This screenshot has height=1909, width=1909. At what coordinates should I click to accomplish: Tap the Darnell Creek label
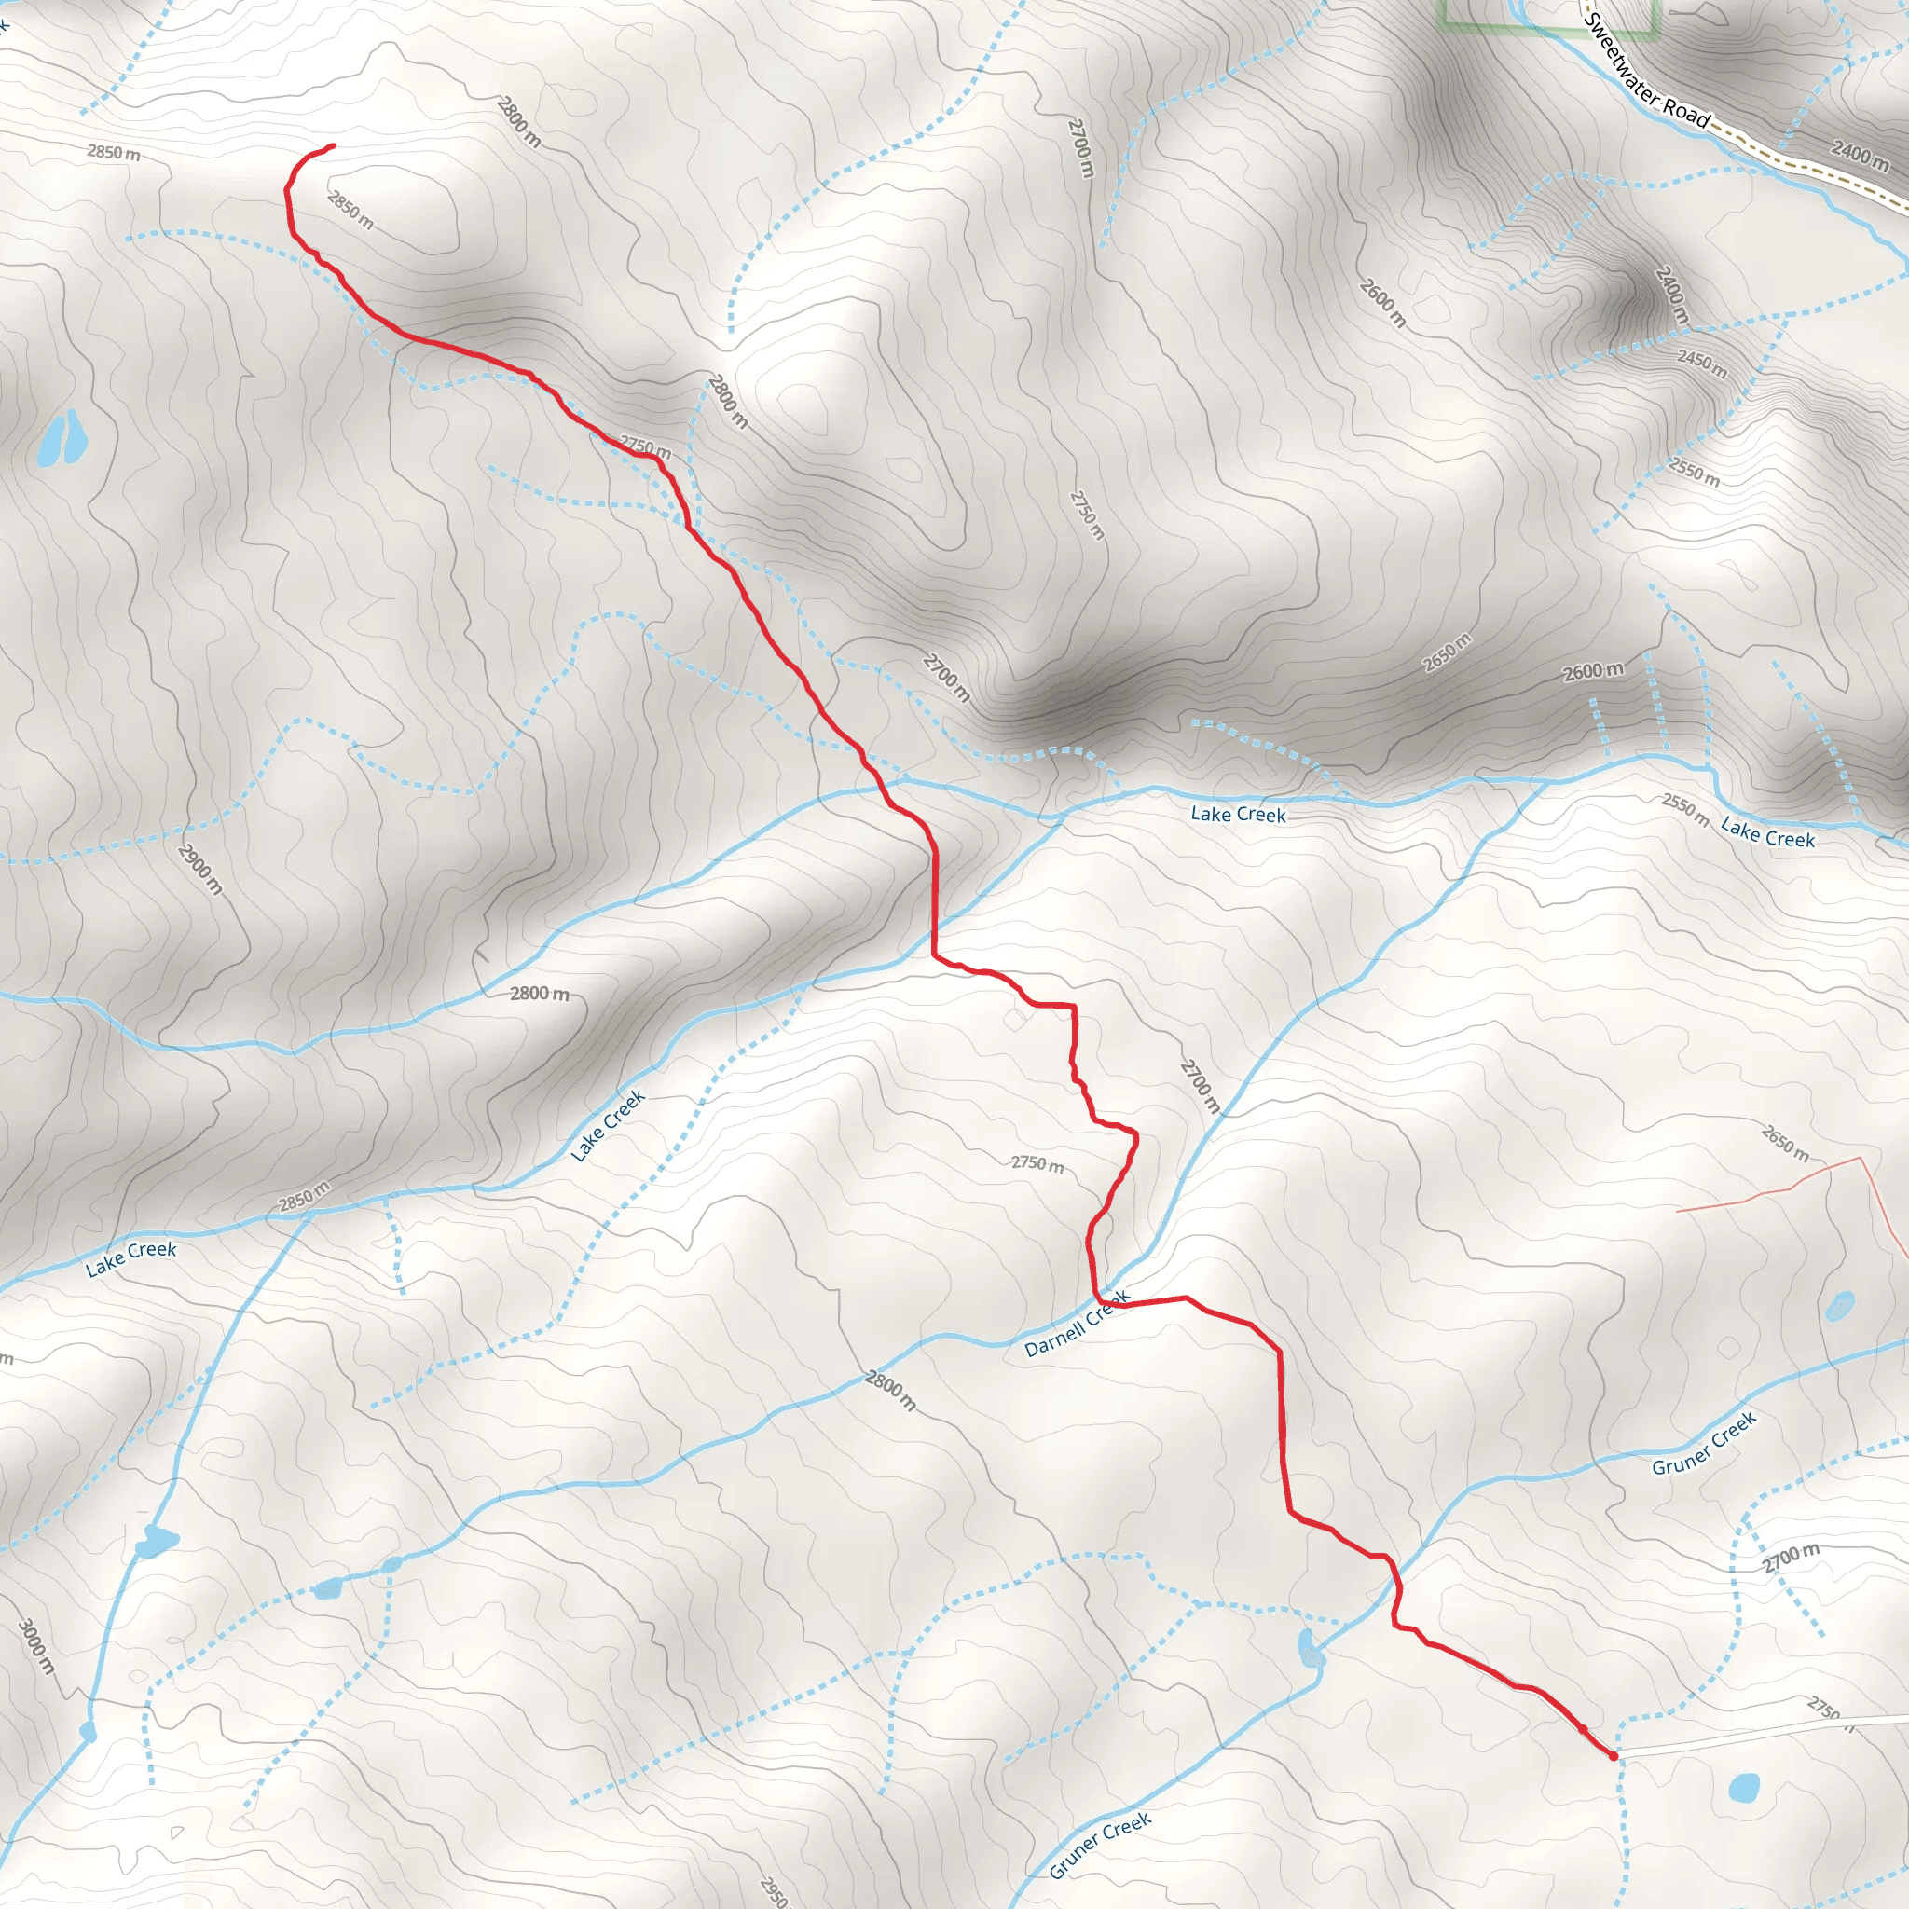point(1076,1324)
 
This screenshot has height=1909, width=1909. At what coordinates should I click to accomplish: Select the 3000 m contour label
point(35,1646)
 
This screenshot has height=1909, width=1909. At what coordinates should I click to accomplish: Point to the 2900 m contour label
point(200,869)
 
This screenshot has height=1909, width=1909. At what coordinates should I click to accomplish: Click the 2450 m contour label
point(1701,363)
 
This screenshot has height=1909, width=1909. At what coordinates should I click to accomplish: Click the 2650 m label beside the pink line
point(1784,1142)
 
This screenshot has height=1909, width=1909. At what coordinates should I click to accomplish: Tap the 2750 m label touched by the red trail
point(645,447)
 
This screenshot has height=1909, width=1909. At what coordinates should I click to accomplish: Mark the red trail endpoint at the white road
point(1613,1756)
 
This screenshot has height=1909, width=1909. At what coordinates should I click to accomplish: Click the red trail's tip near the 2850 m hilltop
point(332,146)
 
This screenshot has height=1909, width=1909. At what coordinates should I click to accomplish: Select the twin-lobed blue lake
point(59,439)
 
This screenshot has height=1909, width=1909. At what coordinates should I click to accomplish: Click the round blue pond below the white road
point(1744,1787)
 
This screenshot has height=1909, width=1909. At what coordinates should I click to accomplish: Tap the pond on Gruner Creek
point(1310,1649)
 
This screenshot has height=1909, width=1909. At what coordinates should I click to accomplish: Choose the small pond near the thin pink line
point(1840,1305)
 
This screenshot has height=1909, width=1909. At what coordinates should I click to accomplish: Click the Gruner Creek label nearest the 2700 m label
point(1705,1444)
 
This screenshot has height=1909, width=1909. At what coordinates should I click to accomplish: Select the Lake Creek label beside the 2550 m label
point(1767,833)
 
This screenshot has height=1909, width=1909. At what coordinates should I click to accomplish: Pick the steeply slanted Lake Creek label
point(608,1124)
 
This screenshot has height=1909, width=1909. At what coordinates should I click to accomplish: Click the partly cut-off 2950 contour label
point(774,1890)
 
